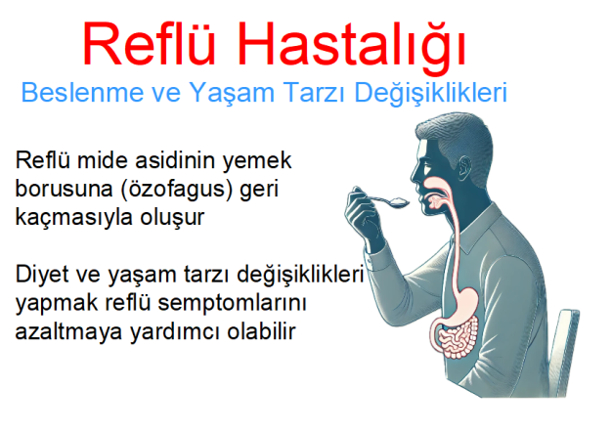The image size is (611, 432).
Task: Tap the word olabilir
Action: (259, 331)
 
